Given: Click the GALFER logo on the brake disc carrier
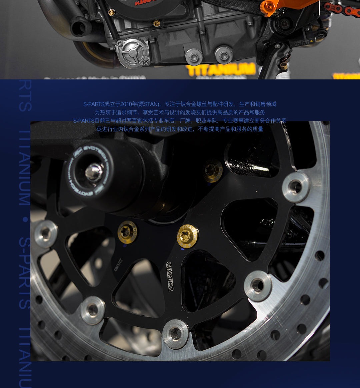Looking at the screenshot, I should pyautogui.click(x=170, y=276).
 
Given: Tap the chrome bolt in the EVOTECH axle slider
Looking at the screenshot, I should pyautogui.click(x=93, y=172).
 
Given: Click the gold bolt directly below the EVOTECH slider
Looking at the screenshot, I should pyautogui.click(x=127, y=232).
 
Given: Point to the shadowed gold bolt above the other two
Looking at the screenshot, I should pyautogui.click(x=213, y=171).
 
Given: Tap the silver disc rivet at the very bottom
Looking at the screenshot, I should pyautogui.click(x=175, y=334).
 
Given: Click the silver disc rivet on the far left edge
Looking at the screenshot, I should pyautogui.click(x=46, y=234).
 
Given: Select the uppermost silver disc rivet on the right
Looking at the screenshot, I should pyautogui.click(x=296, y=187).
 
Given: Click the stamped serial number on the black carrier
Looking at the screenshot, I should pyautogui.click(x=118, y=265).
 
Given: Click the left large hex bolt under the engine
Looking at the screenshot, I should pyautogui.click(x=194, y=56).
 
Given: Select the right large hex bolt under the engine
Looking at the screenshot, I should pyautogui.click(x=223, y=54).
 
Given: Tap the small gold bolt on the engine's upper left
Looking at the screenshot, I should pyautogui.click(x=111, y=12).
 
